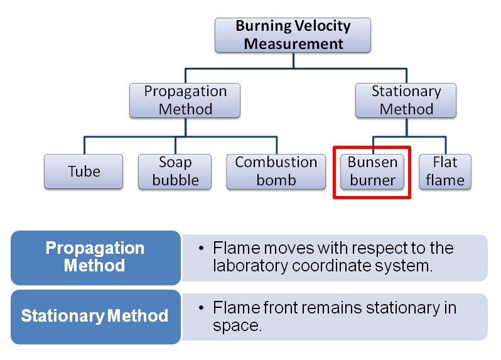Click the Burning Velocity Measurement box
(x=293, y=35)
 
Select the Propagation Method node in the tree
(x=185, y=101)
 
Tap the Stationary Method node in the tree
(x=406, y=101)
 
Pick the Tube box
(x=83, y=172)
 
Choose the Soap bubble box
(x=176, y=172)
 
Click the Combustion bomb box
(x=276, y=172)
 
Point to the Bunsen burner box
(x=372, y=172)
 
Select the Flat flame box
(x=445, y=172)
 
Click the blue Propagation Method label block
(x=95, y=256)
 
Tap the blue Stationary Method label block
(x=95, y=316)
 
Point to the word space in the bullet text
(x=236, y=327)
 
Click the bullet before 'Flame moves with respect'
(x=202, y=249)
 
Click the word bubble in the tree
(x=176, y=180)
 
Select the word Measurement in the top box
(x=293, y=44)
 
